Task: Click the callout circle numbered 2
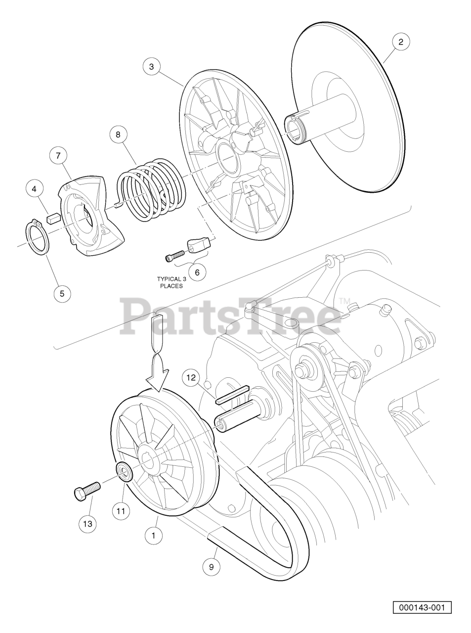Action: coord(401,42)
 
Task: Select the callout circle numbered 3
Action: coord(152,66)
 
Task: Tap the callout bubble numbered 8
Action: coord(118,135)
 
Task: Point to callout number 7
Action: coord(58,156)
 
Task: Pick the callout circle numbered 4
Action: coord(34,189)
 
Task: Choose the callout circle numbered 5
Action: coord(62,293)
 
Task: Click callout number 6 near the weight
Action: coord(197,272)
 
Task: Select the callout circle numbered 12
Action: coord(191,377)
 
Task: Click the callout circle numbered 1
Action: coord(154,536)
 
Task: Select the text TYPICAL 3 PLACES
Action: coord(171,282)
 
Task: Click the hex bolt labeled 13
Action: coord(87,490)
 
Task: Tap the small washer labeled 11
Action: coord(124,473)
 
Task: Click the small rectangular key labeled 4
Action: coord(53,219)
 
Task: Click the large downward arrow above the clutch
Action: coord(158,353)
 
